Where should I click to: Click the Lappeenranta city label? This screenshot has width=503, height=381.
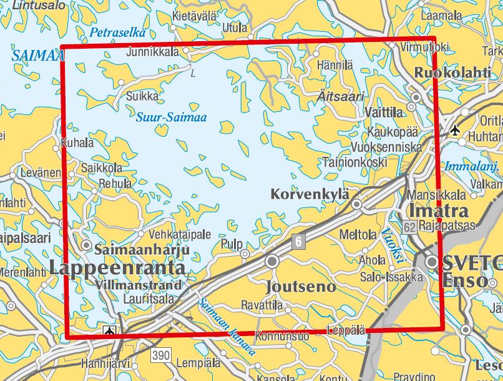(x=117, y=268)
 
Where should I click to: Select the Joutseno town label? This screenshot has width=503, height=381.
(x=301, y=287)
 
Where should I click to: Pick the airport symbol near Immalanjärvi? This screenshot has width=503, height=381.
(x=455, y=131)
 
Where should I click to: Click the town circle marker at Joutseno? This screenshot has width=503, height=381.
(x=272, y=261)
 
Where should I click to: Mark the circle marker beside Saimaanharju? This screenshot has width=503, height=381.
(x=87, y=245)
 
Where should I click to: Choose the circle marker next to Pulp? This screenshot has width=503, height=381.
(x=246, y=254)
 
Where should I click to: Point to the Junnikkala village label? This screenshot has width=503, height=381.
(x=153, y=52)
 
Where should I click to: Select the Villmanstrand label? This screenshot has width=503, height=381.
(x=140, y=285)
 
